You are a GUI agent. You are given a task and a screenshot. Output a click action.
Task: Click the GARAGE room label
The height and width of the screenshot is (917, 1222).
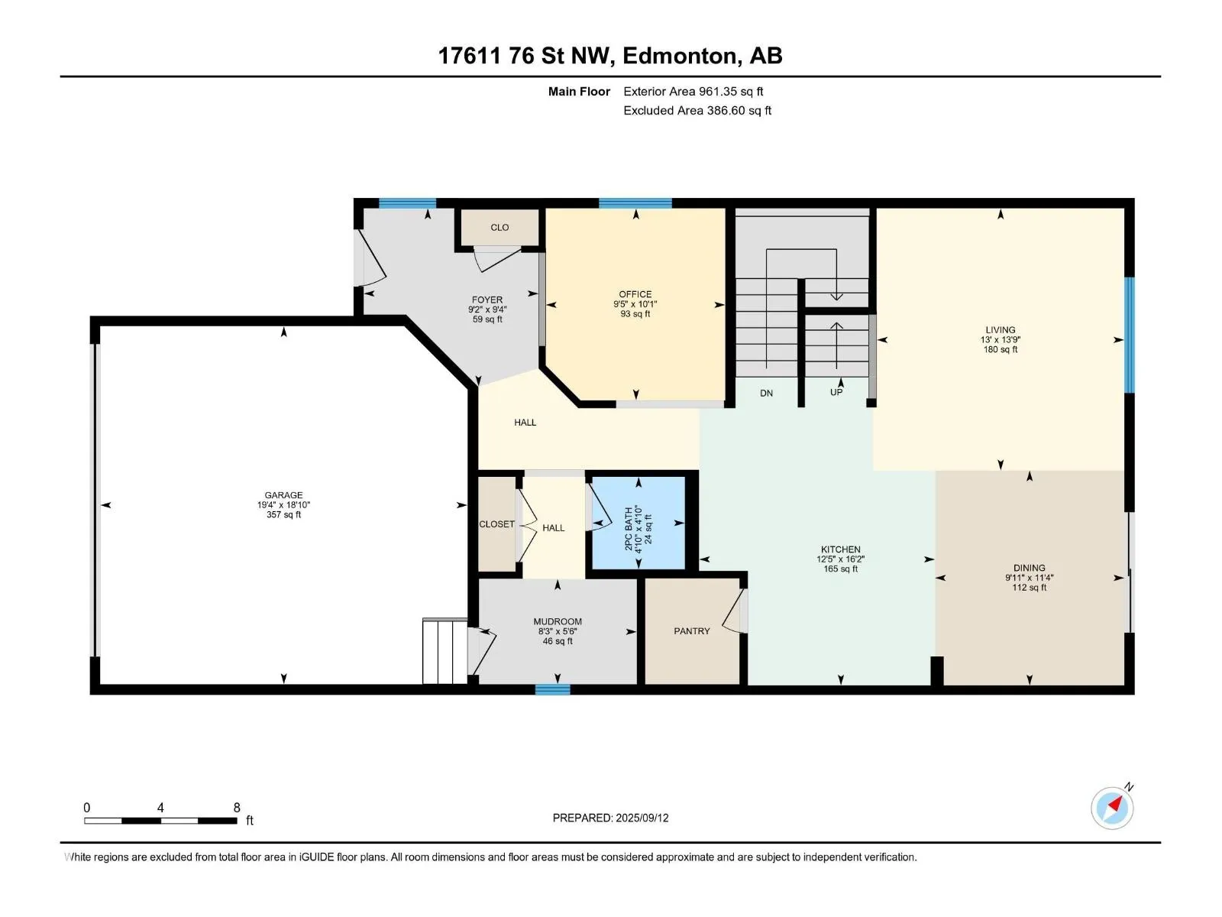click(x=283, y=495)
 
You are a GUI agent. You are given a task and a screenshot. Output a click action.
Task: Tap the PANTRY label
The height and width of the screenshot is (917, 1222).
click(x=691, y=631)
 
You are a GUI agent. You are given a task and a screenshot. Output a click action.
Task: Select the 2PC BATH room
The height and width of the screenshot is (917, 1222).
click(x=638, y=522)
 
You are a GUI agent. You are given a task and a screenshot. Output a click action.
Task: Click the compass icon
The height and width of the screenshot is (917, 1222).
click(x=1112, y=808)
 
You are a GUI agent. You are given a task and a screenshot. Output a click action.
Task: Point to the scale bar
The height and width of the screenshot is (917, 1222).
click(x=160, y=820)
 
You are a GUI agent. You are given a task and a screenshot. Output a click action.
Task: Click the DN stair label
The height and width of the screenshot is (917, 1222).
click(x=767, y=393)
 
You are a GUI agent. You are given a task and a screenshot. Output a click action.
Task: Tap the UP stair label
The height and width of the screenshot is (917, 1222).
click(x=836, y=393)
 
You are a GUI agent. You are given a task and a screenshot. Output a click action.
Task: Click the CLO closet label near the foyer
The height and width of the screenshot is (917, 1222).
click(x=499, y=227)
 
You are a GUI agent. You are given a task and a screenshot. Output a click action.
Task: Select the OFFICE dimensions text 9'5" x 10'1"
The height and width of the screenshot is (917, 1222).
click(x=635, y=304)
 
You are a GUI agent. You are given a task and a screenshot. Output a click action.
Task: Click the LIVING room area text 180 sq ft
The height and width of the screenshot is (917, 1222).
click(x=1001, y=349)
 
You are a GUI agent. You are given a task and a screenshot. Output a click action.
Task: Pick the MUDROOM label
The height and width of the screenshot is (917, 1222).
click(x=558, y=621)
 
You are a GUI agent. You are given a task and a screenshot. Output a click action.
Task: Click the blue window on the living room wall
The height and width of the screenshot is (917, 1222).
click(x=1129, y=335)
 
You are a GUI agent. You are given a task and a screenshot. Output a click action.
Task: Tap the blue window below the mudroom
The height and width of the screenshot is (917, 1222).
click(x=553, y=689)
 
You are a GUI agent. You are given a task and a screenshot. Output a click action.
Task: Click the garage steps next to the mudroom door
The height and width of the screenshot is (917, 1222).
click(x=445, y=651)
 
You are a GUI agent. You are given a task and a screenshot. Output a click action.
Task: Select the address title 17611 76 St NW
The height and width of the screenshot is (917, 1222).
click(x=526, y=56)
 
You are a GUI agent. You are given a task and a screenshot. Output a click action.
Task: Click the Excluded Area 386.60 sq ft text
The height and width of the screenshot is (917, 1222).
click(x=697, y=110)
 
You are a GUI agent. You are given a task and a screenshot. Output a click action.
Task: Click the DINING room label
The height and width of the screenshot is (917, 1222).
click(x=1029, y=568)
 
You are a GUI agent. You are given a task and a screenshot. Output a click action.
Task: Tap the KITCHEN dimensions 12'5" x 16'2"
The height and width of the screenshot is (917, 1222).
click(x=841, y=559)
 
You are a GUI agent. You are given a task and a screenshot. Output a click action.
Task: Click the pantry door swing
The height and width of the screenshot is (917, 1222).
click(x=734, y=611)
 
